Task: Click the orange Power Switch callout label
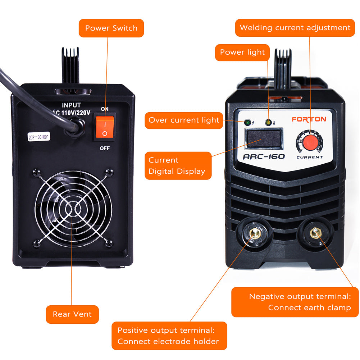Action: click(111, 28)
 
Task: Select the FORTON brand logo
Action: click(309, 119)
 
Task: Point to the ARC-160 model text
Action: click(264, 156)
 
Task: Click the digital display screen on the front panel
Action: click(263, 138)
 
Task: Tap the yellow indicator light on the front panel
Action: click(268, 123)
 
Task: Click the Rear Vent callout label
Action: click(72, 314)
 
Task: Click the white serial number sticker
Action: click(39, 137)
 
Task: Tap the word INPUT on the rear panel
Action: click(71, 105)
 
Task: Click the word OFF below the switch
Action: click(105, 148)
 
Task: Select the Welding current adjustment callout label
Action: click(295, 28)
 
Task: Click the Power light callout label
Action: click(242, 52)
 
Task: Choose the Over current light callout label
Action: click(183, 120)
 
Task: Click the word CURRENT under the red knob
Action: click(310, 157)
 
